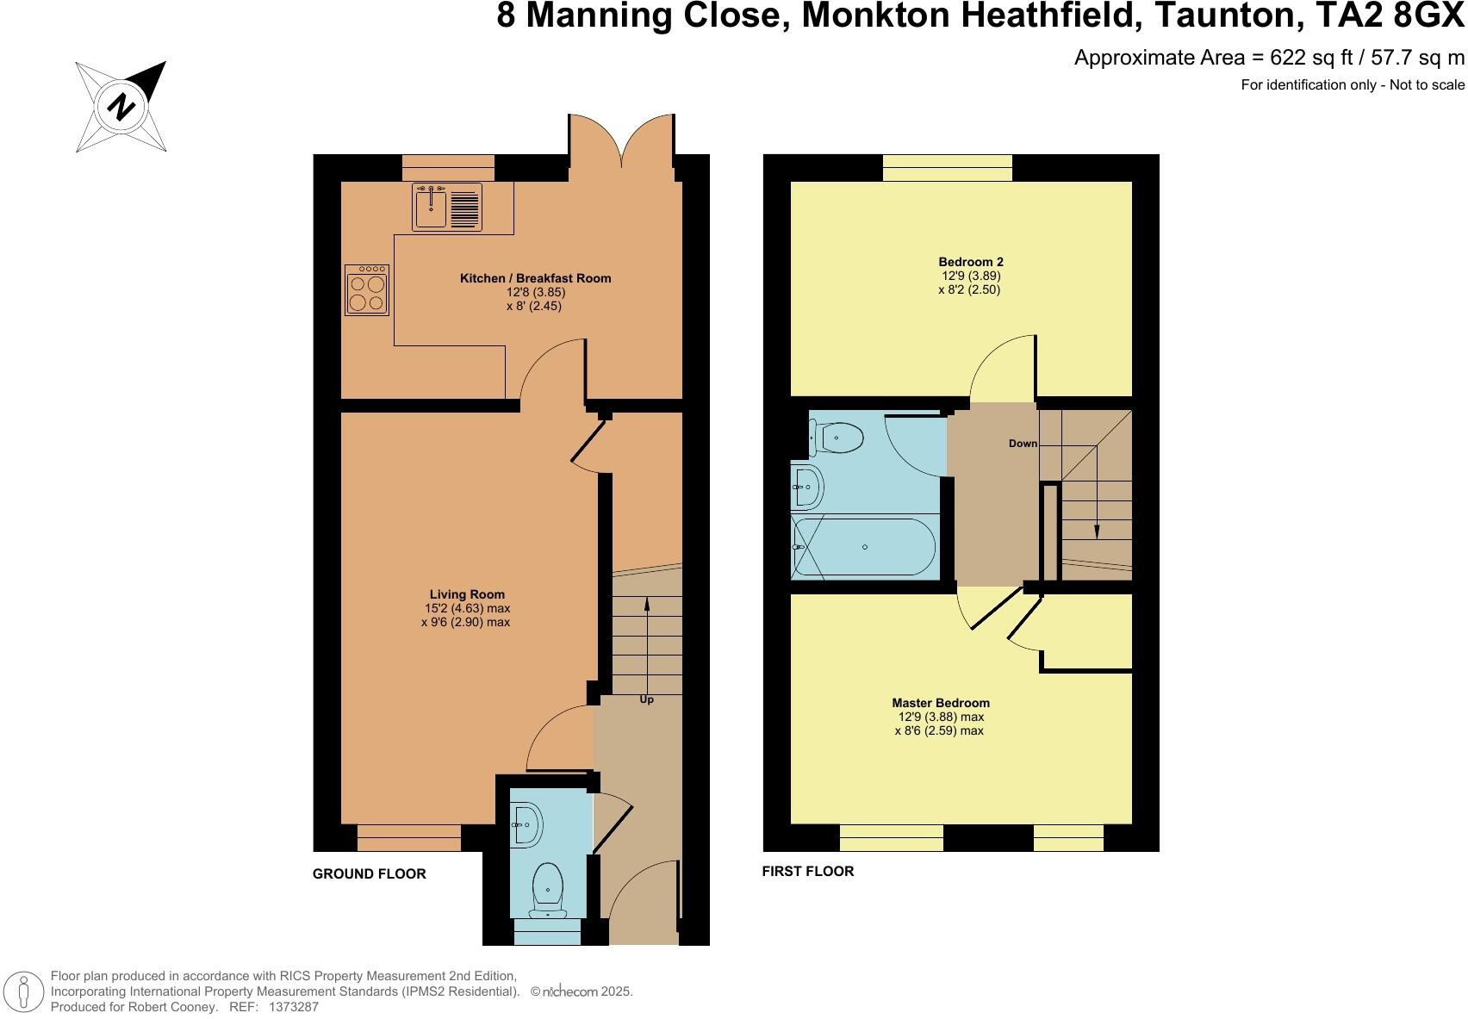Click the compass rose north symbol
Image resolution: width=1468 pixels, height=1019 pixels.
121,107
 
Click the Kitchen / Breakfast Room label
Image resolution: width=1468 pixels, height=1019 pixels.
535,278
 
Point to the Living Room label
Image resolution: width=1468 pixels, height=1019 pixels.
467,594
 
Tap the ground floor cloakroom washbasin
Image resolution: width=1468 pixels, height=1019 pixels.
526,825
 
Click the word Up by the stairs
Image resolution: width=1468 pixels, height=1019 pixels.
646,699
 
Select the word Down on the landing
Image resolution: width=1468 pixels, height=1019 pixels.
1023,444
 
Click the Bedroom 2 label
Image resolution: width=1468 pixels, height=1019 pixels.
970,262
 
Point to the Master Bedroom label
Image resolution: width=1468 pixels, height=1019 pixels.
941,703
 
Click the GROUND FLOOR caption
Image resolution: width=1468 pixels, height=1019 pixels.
369,874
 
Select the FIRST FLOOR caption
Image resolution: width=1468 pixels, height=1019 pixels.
807,872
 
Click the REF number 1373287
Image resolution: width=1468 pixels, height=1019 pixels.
294,1006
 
